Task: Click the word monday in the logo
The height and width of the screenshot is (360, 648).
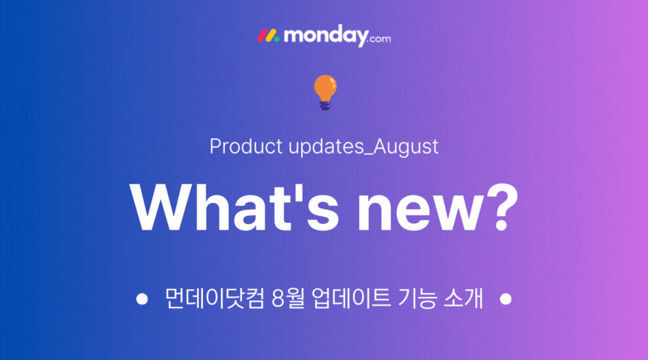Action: (326, 36)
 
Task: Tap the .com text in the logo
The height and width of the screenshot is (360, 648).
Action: (379, 39)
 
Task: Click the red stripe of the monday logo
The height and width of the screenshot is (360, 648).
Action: (262, 36)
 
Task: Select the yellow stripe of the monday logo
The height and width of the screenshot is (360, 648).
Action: (271, 36)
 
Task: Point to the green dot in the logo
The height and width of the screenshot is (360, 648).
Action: (277, 39)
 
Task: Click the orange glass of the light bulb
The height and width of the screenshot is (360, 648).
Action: (325, 88)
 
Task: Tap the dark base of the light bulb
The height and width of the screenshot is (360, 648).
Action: (325, 106)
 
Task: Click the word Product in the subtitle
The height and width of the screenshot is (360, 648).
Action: (246, 146)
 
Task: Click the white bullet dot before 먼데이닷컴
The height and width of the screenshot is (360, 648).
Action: (142, 299)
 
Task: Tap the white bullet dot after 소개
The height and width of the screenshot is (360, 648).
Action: (505, 299)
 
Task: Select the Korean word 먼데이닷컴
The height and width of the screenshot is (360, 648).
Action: (214, 298)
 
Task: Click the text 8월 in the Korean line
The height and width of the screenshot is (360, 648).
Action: (288, 298)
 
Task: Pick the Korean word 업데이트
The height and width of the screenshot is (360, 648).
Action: (351, 298)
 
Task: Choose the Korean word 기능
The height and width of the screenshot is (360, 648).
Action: (417, 298)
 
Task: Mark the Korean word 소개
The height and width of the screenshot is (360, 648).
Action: (464, 298)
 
